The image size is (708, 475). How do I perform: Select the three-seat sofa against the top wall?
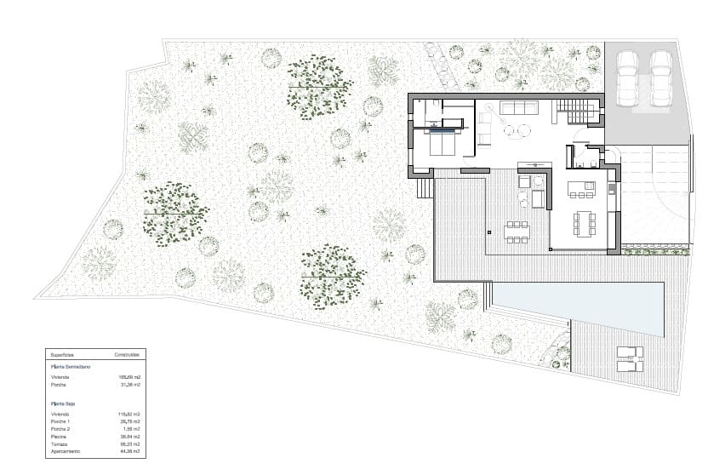[x=518, y=108]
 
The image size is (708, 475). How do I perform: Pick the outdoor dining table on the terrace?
[x=517, y=230]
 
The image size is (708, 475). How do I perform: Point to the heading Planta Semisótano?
[x=71, y=367]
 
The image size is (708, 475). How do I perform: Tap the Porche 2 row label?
[x=60, y=429]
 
